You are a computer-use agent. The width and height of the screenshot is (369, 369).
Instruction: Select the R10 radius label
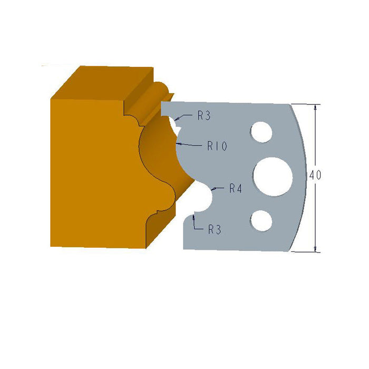click(x=217, y=147)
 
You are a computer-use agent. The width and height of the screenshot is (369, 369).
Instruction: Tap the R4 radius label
click(x=235, y=189)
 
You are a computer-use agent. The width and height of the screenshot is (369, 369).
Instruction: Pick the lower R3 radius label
click(x=214, y=229)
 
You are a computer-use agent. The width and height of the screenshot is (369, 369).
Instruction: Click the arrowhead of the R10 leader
click(x=178, y=143)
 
